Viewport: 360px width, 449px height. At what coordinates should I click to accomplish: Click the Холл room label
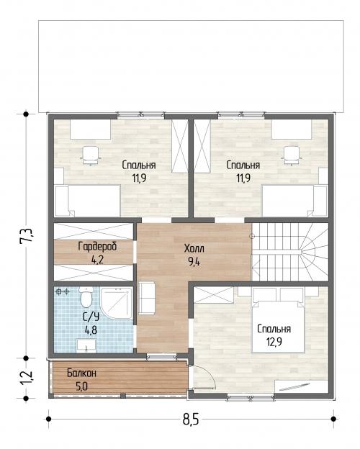pos(194,248)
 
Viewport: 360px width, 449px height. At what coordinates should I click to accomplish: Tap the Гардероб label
pos(97,246)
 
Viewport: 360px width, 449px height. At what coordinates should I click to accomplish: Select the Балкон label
pos(81,373)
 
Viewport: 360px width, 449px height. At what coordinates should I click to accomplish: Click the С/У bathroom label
pos(91,317)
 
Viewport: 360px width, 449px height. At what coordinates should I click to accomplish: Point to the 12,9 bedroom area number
pos(274,342)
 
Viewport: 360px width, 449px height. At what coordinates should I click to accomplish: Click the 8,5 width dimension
pos(191,419)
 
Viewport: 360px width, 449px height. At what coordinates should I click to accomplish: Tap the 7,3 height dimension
pos(27,236)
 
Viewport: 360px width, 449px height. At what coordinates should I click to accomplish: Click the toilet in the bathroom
pos(86,297)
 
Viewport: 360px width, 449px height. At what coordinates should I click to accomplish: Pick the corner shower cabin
pos(117,303)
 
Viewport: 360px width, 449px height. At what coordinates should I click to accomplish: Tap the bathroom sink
pos(86,345)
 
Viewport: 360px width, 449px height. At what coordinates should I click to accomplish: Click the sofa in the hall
pos(147,298)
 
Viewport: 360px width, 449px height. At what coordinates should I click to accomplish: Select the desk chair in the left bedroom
pos(91,155)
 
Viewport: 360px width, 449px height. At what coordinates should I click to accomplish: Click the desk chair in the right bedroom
pos(292,155)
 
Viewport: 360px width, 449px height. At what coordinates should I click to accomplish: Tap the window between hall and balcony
pos(162,356)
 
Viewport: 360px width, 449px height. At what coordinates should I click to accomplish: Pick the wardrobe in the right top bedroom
pos(202,146)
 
